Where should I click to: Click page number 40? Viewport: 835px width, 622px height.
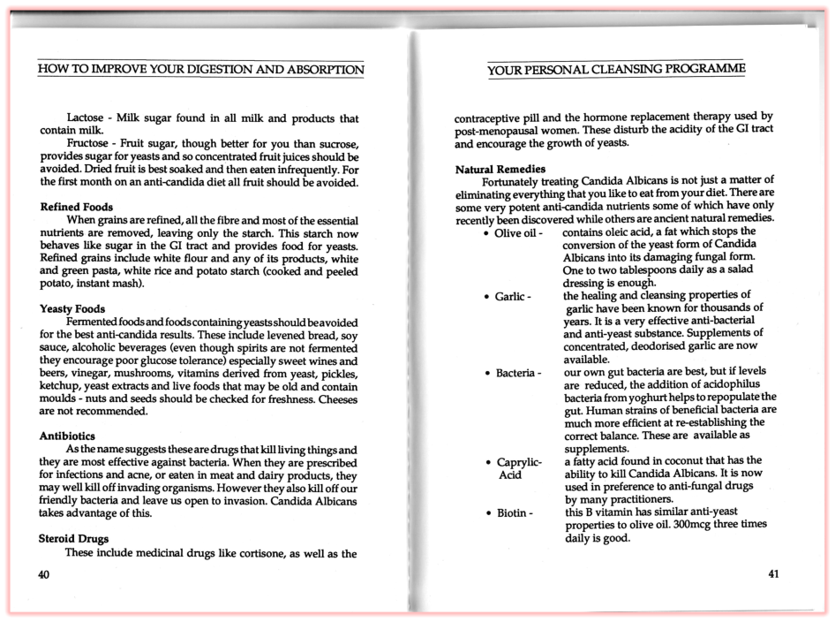pyautogui.click(x=44, y=574)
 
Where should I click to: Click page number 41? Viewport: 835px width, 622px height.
pyautogui.click(x=773, y=574)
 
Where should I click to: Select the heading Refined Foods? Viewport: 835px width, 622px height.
pyautogui.click(x=77, y=207)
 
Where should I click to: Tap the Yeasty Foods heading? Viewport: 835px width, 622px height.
pyautogui.click(x=72, y=308)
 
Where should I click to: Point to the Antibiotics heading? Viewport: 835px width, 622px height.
pyautogui.click(x=68, y=436)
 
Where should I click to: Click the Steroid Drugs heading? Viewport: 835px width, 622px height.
pyautogui.click(x=74, y=538)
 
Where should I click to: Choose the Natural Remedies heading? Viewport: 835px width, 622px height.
pyautogui.click(x=500, y=169)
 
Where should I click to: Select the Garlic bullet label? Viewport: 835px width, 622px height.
pyautogui.click(x=511, y=296)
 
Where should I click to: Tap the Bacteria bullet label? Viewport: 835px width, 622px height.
pyautogui.click(x=516, y=373)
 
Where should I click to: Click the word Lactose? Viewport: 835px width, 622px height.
pyautogui.click(x=87, y=118)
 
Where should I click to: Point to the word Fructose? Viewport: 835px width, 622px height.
pyautogui.click(x=90, y=144)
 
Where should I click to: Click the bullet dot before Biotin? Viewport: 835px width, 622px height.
pyautogui.click(x=487, y=512)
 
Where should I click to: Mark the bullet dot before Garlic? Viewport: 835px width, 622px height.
pyautogui.click(x=487, y=296)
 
